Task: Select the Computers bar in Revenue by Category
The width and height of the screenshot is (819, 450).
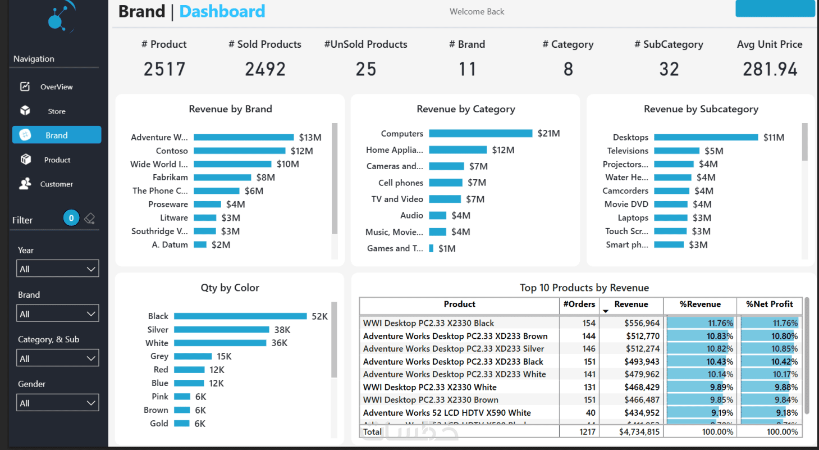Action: pos(481,134)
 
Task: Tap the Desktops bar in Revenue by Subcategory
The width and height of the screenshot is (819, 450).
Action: pos(706,138)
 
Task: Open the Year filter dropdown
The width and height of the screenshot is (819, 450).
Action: pos(57,269)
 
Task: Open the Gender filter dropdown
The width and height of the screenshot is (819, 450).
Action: pos(57,403)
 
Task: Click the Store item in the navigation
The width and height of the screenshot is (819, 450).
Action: pos(56,111)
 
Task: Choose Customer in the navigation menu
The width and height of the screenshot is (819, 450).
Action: pos(56,184)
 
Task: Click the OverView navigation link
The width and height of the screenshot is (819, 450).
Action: pos(56,87)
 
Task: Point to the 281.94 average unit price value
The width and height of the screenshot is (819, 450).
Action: pos(770,69)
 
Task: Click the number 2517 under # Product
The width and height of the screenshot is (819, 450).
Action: pos(164,69)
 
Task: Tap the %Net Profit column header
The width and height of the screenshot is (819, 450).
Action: pos(769,304)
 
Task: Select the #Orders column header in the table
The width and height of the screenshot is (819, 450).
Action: pos(579,304)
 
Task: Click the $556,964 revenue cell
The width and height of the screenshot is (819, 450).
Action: pos(642,323)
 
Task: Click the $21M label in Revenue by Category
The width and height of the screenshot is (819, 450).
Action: pos(548,134)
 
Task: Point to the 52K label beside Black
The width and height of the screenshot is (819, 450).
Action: pos(319,316)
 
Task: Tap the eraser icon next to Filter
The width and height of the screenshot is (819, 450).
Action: pos(89,219)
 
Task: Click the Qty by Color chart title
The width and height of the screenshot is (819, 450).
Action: pos(230,288)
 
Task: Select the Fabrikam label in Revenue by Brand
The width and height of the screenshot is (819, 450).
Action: pos(170,178)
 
